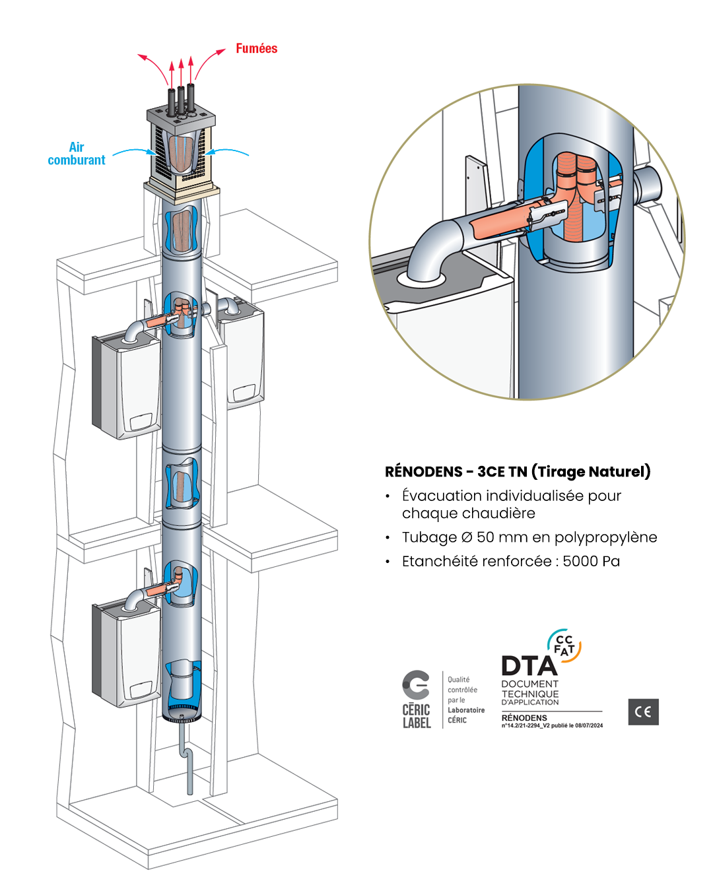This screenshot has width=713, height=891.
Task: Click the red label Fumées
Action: coord(256,49)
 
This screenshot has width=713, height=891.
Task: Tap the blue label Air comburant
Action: coord(77,154)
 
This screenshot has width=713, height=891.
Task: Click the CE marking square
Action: coord(643,711)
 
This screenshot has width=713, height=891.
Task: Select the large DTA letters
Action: coord(529,666)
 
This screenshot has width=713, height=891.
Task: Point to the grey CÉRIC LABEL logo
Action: coord(417,700)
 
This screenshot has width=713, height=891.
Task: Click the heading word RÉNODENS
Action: coord(423,472)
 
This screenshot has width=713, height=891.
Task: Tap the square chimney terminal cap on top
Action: coord(181,148)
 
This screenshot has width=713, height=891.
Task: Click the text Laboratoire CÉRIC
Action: coord(465,715)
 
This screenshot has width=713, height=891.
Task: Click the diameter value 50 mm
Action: coord(502,537)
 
